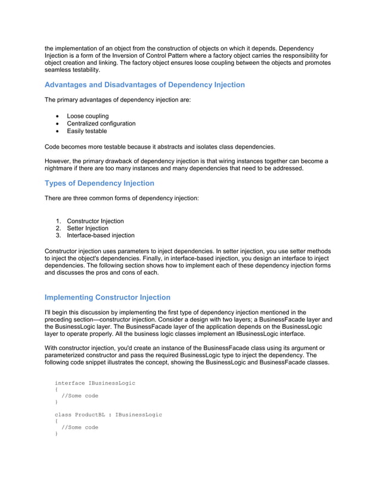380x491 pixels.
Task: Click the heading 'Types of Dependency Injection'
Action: coord(99,183)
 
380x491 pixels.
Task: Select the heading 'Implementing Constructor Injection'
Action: coord(107,297)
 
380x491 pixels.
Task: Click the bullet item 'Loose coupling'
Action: coord(88,116)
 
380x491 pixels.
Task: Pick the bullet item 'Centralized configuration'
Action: coord(101,124)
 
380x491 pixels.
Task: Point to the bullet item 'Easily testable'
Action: coord(87,131)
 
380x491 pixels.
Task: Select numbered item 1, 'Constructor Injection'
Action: coord(95,221)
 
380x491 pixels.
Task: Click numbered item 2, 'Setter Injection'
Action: coord(88,228)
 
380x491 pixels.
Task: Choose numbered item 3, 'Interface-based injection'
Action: coord(101,235)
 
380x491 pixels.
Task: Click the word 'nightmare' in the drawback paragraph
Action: coord(60,168)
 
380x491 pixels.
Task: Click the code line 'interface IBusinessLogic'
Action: coord(95,383)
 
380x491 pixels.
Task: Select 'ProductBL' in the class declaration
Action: coord(90,414)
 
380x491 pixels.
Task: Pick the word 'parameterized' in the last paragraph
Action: coord(66,355)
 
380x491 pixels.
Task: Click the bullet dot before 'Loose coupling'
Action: coord(57,116)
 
